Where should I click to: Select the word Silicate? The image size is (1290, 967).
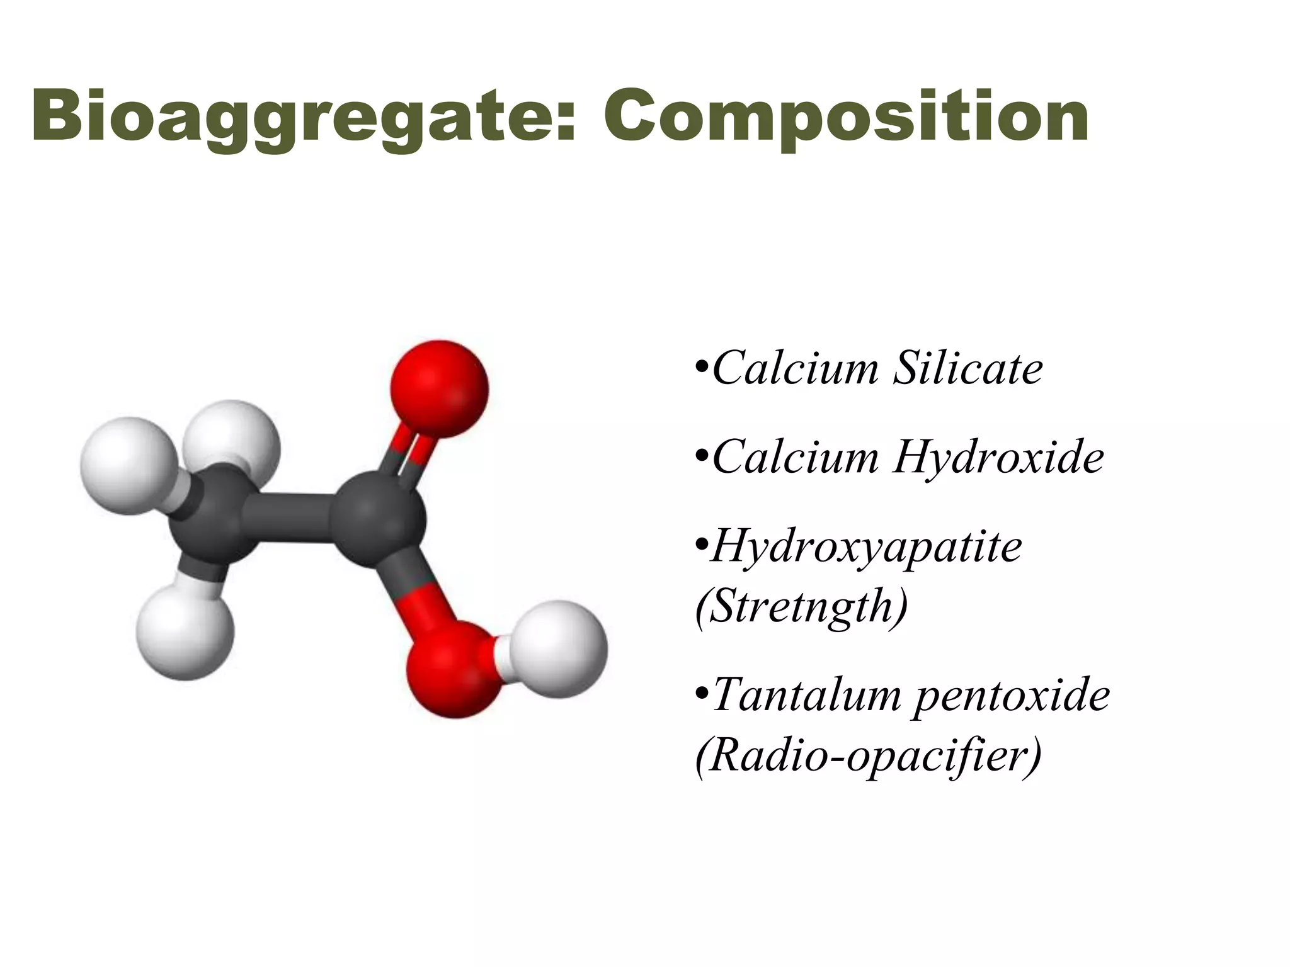968,368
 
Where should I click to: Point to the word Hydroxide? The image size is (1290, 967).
998,457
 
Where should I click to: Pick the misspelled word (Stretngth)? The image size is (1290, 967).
802,606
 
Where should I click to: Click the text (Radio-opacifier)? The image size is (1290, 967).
869,755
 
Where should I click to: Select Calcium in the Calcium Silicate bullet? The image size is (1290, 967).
796,368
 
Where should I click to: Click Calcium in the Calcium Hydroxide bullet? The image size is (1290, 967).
796,457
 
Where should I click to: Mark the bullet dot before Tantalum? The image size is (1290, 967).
702,693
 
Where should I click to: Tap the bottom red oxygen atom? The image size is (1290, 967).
454,669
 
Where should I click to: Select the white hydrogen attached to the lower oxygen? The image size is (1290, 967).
558,649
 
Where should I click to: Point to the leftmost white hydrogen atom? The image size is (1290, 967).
128,465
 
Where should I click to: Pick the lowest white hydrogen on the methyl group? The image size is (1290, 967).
186,631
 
